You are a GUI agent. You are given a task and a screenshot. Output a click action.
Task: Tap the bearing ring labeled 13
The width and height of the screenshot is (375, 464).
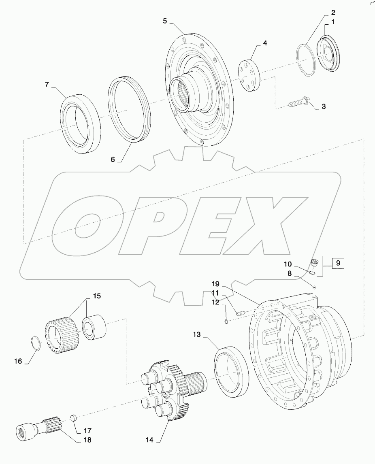[x=229, y=368]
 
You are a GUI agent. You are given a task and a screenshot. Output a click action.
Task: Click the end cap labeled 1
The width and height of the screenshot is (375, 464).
[x=329, y=53]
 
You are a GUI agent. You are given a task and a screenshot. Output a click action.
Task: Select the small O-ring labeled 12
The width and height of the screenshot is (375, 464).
[x=226, y=322]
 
